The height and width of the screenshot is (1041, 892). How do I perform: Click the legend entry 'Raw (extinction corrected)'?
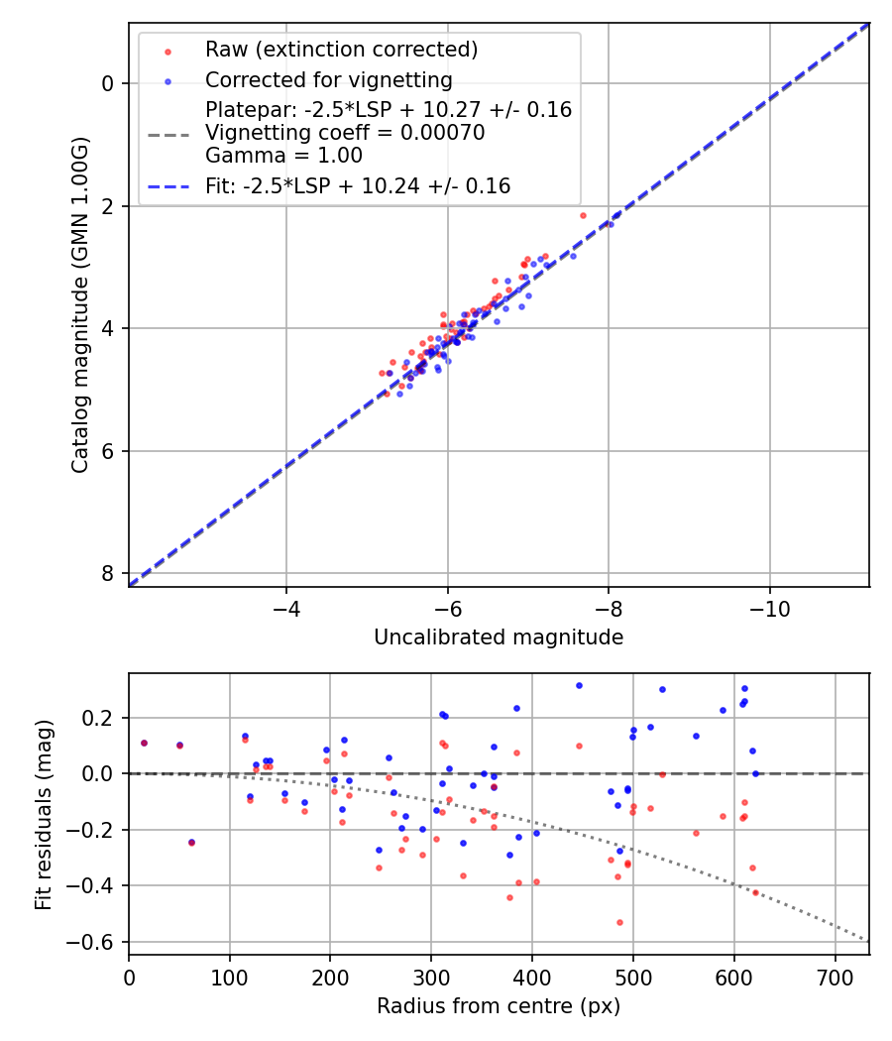point(341,49)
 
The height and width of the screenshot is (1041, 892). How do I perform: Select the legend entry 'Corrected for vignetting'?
point(328,79)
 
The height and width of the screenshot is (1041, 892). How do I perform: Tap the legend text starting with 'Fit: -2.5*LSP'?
point(358,185)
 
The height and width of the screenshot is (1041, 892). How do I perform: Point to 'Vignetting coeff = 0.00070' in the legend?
point(345,133)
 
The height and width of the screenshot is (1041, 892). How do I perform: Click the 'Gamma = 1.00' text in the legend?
point(283,156)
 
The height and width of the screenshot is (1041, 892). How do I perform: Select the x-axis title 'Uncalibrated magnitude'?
point(499,637)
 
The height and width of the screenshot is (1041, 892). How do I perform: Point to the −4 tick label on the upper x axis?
point(286,607)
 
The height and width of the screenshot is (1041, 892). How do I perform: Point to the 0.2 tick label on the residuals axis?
point(102,718)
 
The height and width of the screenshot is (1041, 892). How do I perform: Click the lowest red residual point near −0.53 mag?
point(619,922)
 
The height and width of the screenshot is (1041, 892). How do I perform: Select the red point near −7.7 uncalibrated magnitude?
point(583,215)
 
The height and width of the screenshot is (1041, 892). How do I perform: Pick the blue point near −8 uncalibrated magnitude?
point(610,224)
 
